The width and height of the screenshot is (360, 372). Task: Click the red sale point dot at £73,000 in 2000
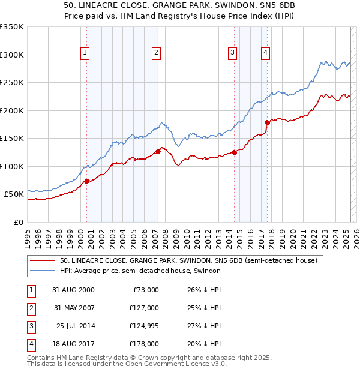point(87,181)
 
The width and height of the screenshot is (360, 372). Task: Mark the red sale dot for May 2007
point(158,151)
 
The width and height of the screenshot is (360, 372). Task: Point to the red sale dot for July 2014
point(235,152)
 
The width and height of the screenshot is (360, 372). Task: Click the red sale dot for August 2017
point(267,122)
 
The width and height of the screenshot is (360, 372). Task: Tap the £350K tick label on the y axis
point(12,27)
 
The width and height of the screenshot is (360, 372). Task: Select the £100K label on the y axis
point(12,166)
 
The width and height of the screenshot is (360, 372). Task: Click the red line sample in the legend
point(42,261)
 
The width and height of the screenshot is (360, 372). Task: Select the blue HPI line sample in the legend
point(42,271)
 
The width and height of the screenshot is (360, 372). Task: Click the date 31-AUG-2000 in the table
point(73,290)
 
